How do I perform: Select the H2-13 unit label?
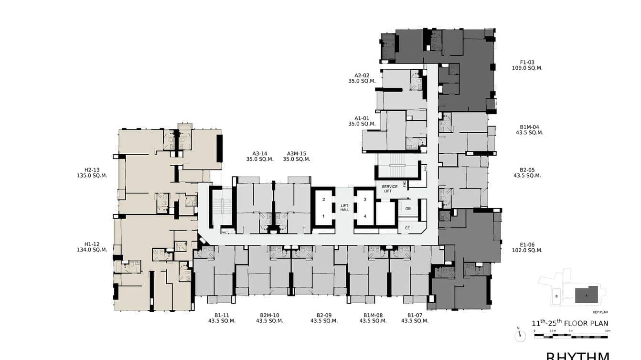92,169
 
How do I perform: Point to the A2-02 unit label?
362,75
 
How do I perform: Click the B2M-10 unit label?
269,315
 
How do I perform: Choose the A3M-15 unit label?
296,154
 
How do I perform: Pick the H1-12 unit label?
92,244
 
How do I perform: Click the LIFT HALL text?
344,207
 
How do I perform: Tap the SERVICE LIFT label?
389,189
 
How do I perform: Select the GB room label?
407,209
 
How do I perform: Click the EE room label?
407,228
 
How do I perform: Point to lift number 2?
323,199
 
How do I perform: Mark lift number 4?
365,216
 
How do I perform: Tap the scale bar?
571,336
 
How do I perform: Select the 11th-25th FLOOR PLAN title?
570,323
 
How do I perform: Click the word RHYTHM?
577,356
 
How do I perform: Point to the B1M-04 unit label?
529,127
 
